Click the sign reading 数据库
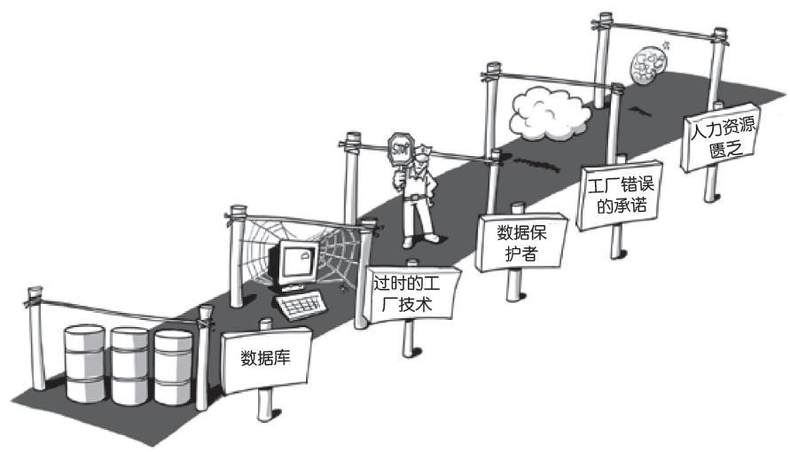[266, 360]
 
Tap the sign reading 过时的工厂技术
[412, 294]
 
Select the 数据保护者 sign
[521, 242]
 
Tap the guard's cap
[422, 151]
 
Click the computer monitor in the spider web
[296, 264]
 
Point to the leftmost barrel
[85, 363]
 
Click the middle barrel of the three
[129, 366]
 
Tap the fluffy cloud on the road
[550, 113]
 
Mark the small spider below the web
[343, 288]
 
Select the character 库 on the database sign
[283, 358]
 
